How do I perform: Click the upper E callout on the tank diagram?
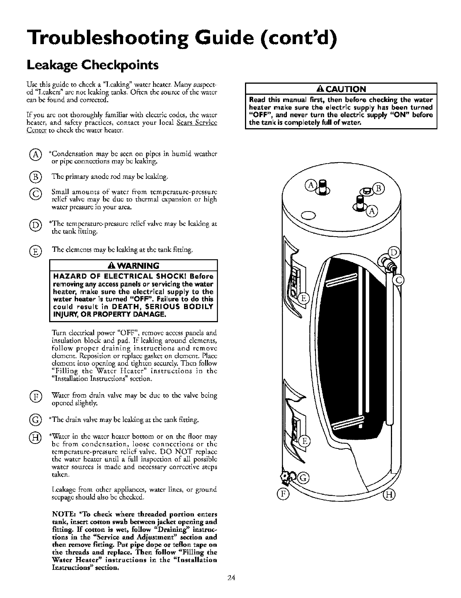303,299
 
